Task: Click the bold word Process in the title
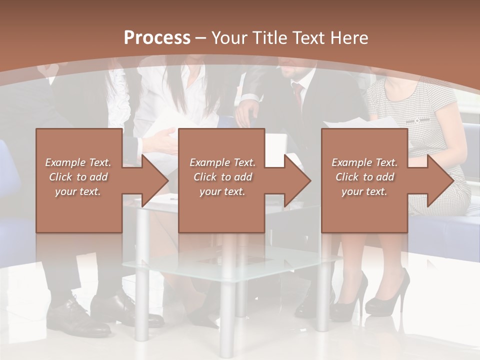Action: click(157, 38)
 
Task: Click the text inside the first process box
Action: click(78, 177)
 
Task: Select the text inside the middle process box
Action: click(222, 177)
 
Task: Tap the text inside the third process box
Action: click(364, 177)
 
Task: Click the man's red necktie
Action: click(298, 95)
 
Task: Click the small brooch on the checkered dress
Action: click(416, 120)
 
